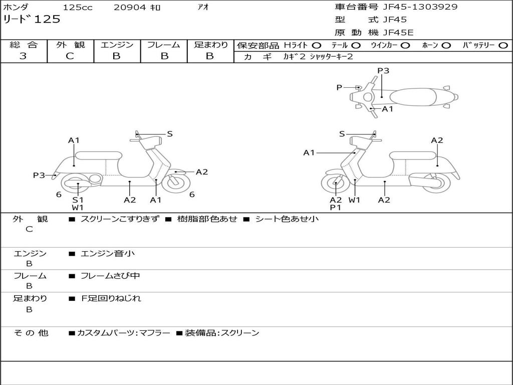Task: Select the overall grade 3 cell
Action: click(23, 56)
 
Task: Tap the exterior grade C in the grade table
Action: click(70, 56)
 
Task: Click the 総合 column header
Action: click(23, 45)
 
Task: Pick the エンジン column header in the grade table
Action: click(117, 45)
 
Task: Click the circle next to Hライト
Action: click(317, 46)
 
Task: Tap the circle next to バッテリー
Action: click(503, 46)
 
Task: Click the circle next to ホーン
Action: click(446, 46)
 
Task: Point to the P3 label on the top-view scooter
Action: click(383, 71)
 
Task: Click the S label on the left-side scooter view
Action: click(170, 134)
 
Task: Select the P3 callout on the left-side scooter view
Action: click(39, 175)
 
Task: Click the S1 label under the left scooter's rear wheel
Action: click(78, 200)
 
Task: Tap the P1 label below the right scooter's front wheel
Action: click(335, 208)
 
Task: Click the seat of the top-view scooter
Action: click(414, 96)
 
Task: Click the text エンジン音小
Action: click(108, 254)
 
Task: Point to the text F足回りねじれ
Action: click(111, 298)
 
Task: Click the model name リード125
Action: click(32, 20)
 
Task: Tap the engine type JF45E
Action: click(398, 33)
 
